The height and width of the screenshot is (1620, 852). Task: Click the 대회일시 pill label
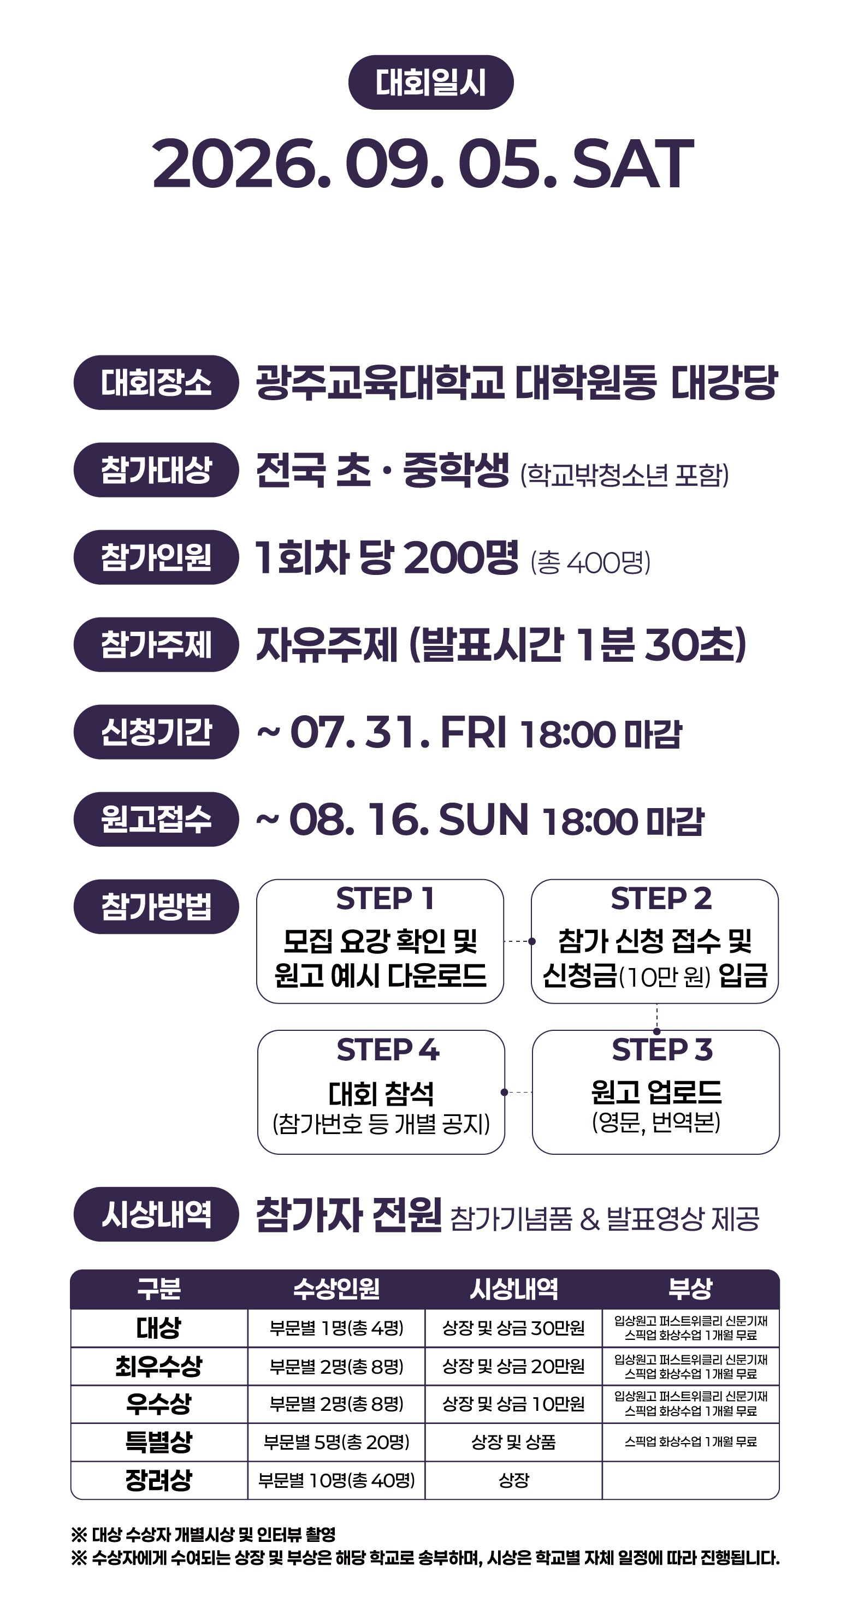[431, 82]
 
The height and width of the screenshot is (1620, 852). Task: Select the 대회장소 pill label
[156, 382]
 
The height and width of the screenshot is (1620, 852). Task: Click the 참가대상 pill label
[156, 470]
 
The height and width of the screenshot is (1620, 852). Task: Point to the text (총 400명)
[590, 562]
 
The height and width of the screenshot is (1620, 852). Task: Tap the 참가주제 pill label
[156, 645]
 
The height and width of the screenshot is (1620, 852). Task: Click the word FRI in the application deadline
[473, 732]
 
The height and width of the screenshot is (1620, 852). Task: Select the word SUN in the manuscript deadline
[483, 820]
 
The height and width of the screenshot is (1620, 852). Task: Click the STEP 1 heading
[385, 899]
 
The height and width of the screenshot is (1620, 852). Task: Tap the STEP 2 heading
[661, 899]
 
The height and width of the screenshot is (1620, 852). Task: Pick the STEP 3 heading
[662, 1049]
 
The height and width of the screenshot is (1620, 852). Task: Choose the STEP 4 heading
[388, 1049]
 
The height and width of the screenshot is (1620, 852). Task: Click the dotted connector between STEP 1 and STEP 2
[518, 941]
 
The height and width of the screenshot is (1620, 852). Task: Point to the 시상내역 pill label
[156, 1214]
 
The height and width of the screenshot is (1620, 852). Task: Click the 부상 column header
[690, 1289]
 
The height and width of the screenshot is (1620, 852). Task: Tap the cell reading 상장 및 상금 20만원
[513, 1366]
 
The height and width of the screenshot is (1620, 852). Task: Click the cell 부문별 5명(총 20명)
[336, 1442]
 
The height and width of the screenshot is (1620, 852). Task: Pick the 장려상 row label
[158, 1480]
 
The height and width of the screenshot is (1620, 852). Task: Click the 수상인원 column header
[336, 1289]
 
